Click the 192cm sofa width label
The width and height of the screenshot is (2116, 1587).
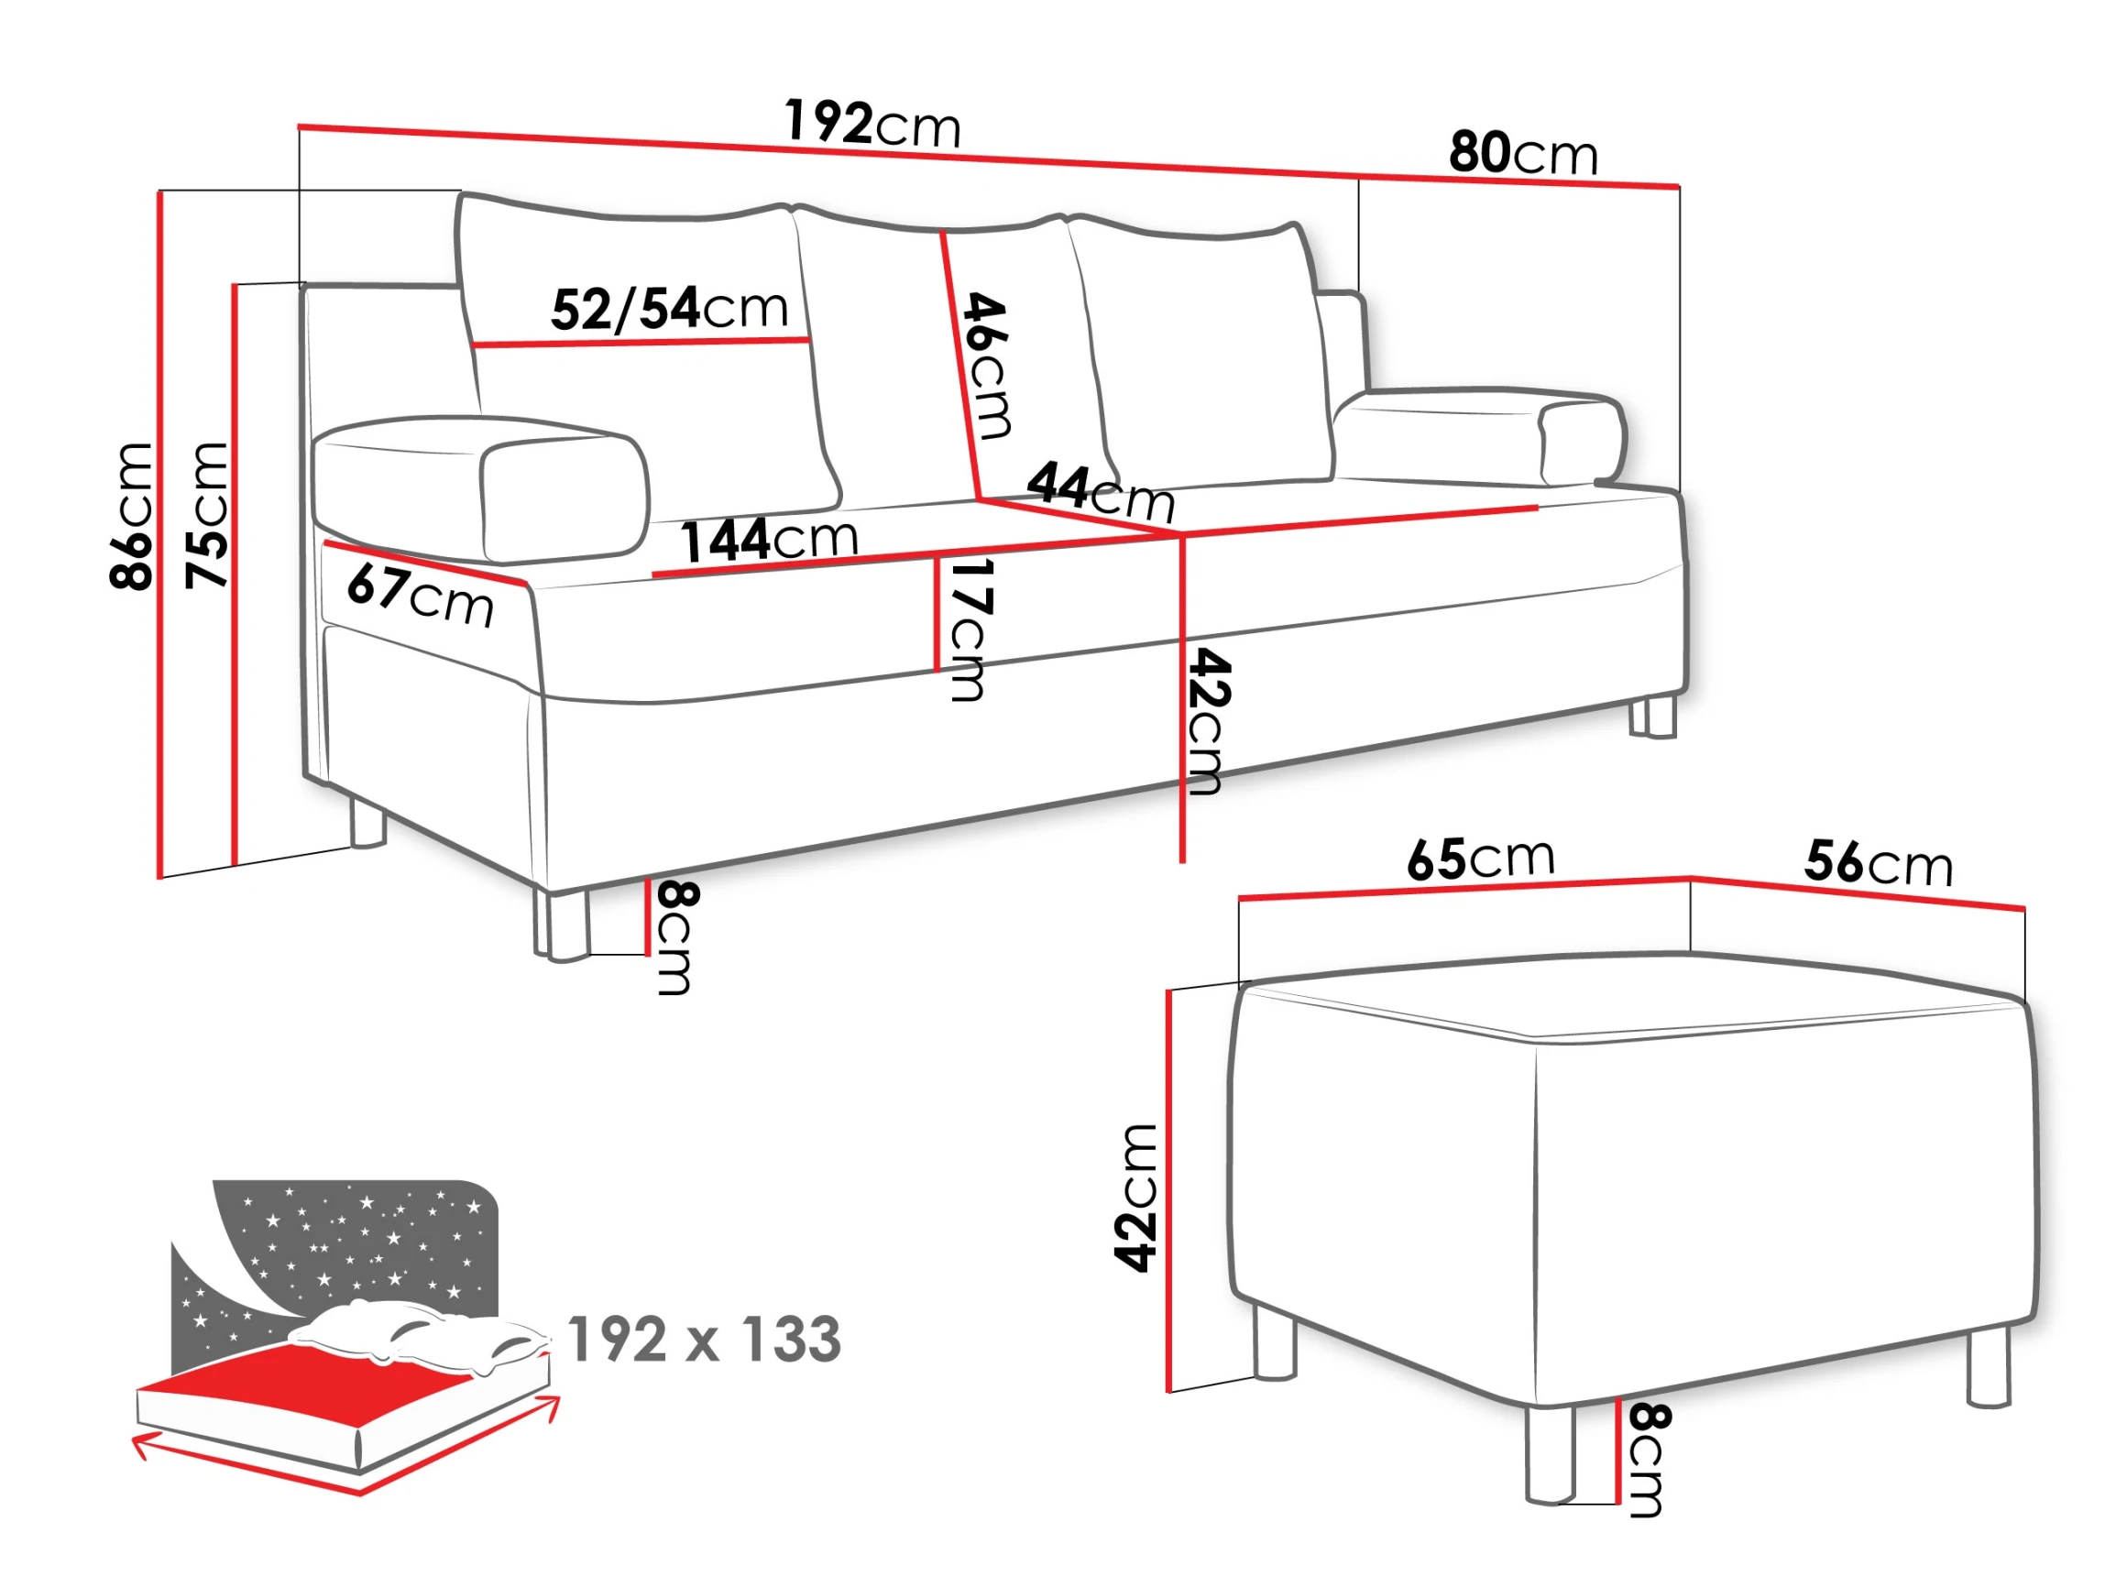click(x=872, y=124)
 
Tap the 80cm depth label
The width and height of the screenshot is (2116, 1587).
click(x=1523, y=153)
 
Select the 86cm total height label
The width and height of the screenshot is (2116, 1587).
click(x=130, y=516)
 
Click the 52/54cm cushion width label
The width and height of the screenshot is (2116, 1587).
click(x=670, y=309)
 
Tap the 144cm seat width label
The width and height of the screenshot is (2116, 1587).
click(x=769, y=540)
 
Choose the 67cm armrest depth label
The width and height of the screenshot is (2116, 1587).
click(x=420, y=594)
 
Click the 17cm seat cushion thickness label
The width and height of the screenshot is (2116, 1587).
click(x=968, y=630)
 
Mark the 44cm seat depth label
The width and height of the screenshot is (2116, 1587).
click(x=1101, y=490)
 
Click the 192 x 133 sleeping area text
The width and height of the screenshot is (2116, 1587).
click(x=704, y=1340)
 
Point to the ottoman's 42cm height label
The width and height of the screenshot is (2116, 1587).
click(x=1135, y=1198)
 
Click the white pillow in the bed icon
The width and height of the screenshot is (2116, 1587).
click(x=421, y=1334)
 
